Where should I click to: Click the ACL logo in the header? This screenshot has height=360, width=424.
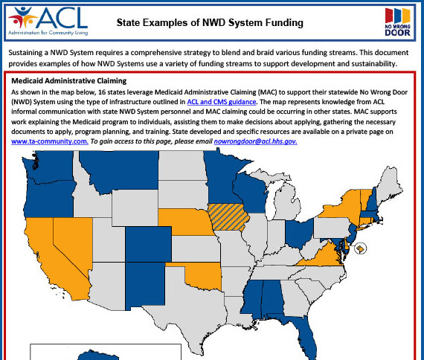(x=46, y=21)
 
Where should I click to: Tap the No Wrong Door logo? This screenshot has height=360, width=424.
(x=397, y=22)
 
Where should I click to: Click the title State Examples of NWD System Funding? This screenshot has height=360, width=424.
(x=210, y=23)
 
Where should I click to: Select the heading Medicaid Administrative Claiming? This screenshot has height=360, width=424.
(x=68, y=80)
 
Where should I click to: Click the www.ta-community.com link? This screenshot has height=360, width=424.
(x=50, y=141)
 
